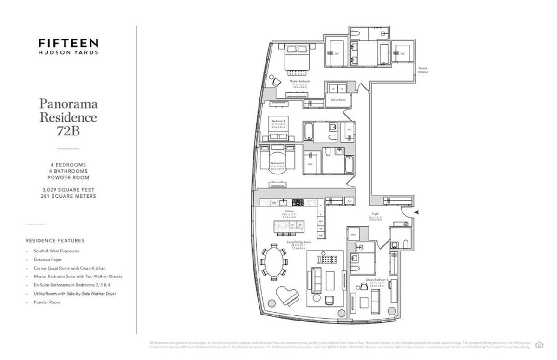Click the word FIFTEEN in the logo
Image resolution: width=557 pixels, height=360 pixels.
point(68,43)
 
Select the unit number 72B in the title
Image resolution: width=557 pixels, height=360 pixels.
point(68,131)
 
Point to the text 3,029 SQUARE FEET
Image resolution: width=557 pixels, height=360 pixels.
point(68,190)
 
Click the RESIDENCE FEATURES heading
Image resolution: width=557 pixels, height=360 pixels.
point(55,241)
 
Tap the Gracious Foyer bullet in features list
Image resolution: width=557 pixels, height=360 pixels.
point(47,259)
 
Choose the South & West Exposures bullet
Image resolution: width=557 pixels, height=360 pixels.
point(56,251)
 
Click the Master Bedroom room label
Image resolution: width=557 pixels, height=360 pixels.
point(300,81)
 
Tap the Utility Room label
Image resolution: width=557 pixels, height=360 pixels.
point(337,100)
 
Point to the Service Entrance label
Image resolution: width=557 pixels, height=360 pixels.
point(422,70)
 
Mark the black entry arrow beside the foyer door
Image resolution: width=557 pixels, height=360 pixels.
point(416,212)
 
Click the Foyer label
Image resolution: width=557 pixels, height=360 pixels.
point(375,214)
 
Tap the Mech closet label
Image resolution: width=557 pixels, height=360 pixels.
point(354,235)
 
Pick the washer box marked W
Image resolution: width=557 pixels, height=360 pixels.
point(333,89)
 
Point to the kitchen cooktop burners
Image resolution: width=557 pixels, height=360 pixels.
point(297,203)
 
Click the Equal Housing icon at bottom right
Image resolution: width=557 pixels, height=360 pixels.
point(539,344)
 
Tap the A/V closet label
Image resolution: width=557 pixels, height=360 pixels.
point(349,201)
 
